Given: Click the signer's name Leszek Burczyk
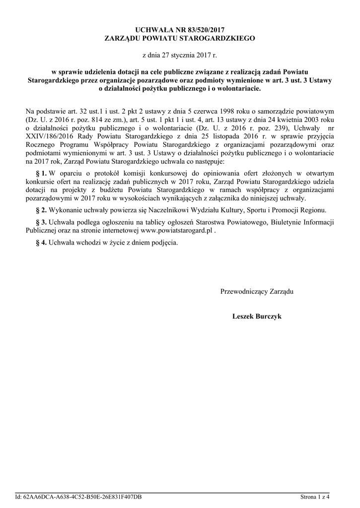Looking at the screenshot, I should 257,316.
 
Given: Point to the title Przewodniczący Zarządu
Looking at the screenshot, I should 257,291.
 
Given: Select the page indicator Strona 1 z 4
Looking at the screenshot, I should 315,497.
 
